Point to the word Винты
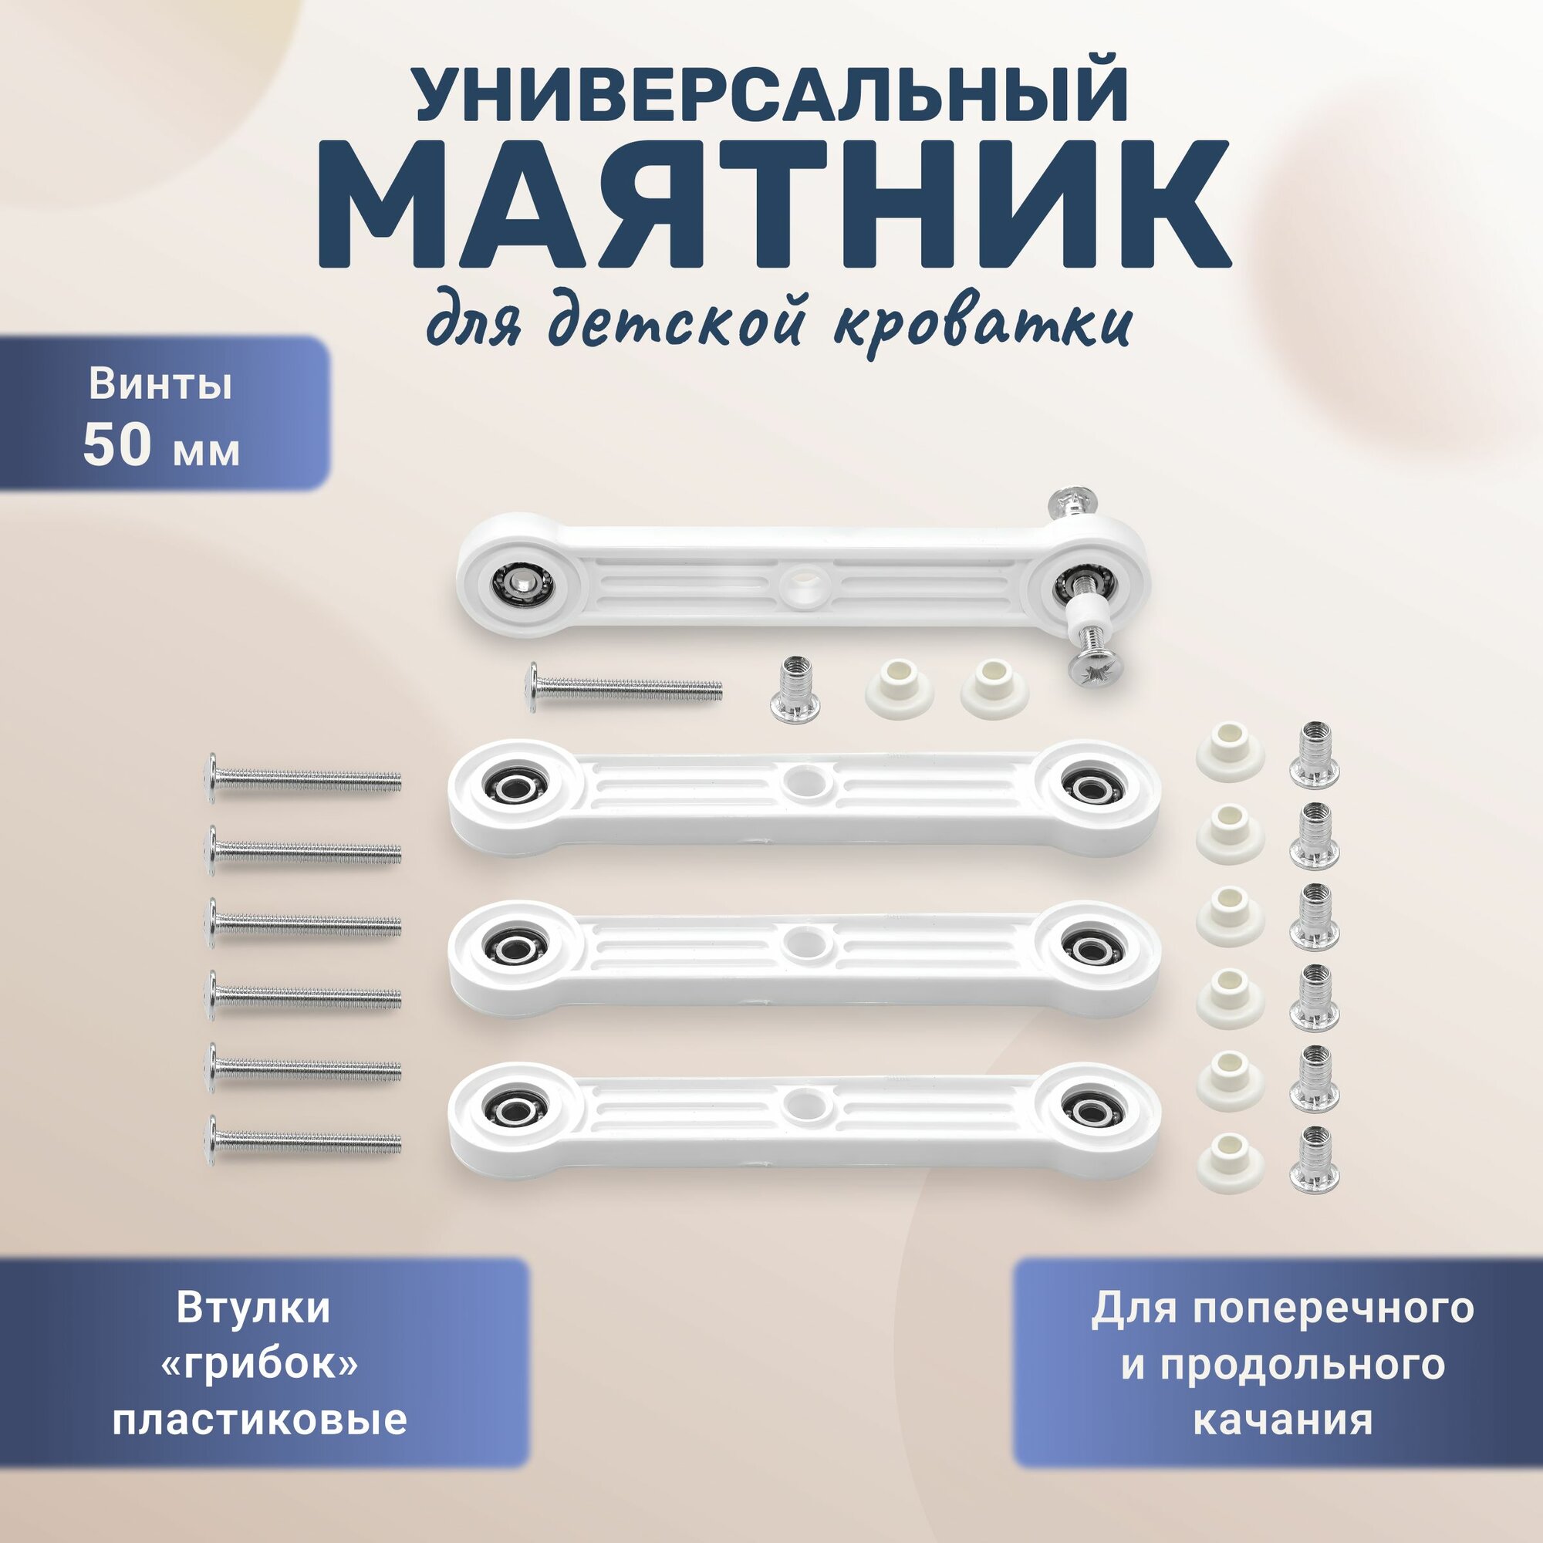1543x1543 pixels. [x=160, y=384]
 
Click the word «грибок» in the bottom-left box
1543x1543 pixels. [x=259, y=1364]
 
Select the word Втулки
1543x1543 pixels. [x=253, y=1308]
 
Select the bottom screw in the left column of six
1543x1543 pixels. [x=304, y=1143]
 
